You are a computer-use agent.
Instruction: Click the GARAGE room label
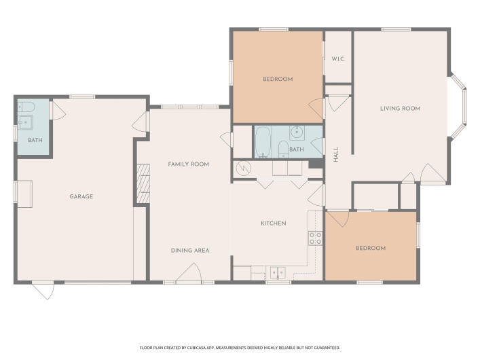[x=81, y=197]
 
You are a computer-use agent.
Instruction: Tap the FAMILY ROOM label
[x=188, y=164]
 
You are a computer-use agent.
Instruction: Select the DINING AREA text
[x=189, y=251]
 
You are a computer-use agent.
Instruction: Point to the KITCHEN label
[x=274, y=223]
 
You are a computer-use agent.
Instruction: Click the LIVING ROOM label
[x=400, y=109]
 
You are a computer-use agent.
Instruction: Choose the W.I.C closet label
[x=337, y=59]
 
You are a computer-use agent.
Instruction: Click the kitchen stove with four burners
[x=316, y=238]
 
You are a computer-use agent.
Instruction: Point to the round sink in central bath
[x=296, y=132]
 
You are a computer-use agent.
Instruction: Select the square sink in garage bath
[x=26, y=123]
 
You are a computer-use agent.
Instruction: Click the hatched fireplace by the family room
[x=142, y=186]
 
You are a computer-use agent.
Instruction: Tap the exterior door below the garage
[x=42, y=291]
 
